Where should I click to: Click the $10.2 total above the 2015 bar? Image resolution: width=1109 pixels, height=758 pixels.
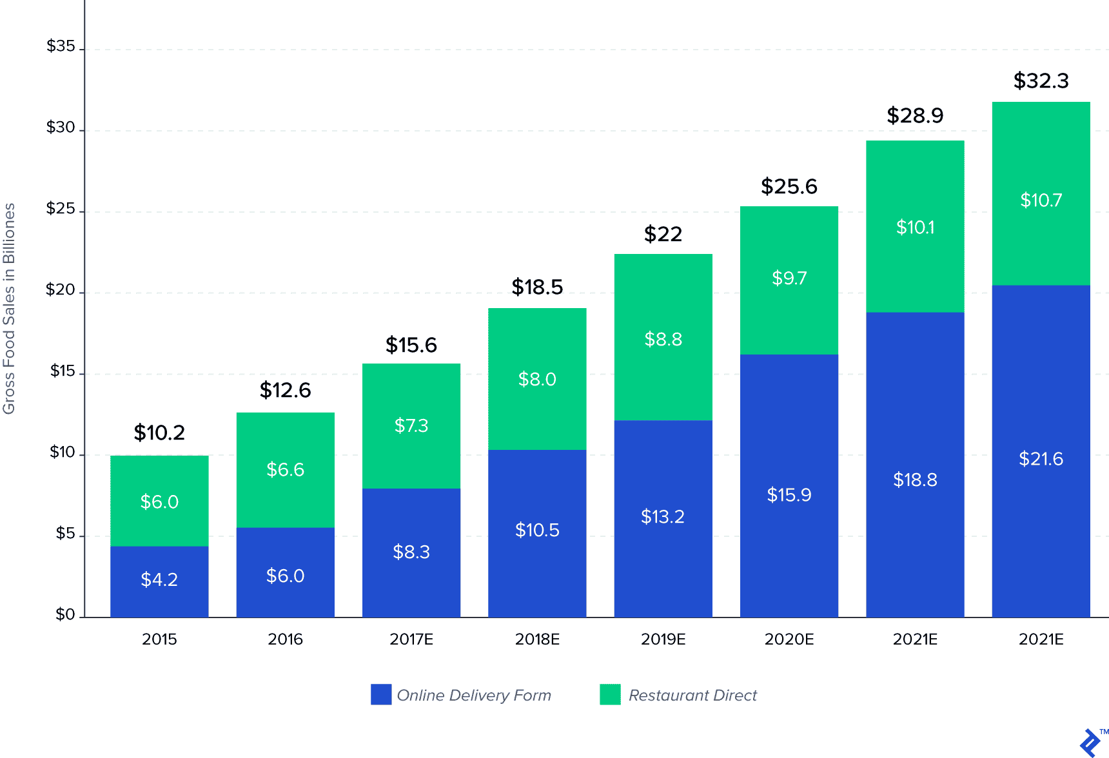(x=159, y=432)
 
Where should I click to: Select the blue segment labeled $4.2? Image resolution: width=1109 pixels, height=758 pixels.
(x=159, y=580)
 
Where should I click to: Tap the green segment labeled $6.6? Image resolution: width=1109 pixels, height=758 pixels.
(x=285, y=469)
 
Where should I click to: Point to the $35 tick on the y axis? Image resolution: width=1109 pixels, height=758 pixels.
(x=61, y=46)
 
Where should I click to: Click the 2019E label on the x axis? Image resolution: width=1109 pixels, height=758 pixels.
(x=663, y=639)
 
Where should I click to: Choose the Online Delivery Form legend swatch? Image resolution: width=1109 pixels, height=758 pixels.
(x=381, y=694)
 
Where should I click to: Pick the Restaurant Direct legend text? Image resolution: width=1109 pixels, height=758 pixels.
(x=692, y=695)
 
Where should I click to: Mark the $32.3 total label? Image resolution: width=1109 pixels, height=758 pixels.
(x=1041, y=81)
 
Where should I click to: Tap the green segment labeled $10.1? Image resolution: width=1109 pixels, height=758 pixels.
(x=915, y=227)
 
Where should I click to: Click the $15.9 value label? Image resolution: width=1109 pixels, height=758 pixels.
(x=789, y=495)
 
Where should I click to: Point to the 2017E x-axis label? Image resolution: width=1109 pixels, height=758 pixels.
(x=411, y=639)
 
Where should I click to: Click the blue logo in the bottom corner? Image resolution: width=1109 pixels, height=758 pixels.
(x=1091, y=743)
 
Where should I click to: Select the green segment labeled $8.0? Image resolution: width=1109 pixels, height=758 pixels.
(x=537, y=379)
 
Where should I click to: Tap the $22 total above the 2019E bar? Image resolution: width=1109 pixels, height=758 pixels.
(x=663, y=234)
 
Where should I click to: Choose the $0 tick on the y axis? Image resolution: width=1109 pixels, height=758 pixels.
(x=65, y=615)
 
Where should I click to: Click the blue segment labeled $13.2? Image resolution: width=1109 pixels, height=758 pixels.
(x=663, y=517)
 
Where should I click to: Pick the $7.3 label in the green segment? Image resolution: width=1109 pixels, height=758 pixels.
(x=411, y=425)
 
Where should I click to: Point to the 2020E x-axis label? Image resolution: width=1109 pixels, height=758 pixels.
(x=789, y=639)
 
